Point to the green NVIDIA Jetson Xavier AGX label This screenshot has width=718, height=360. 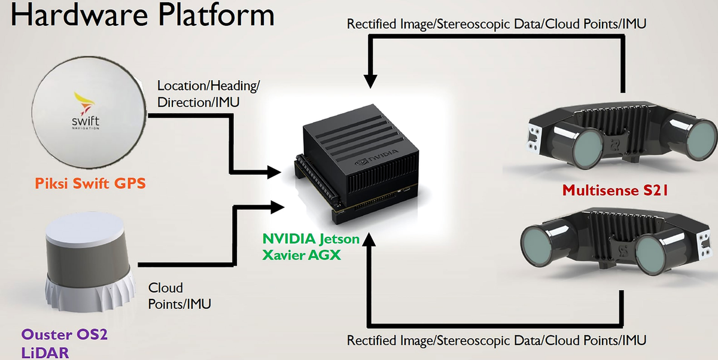tap(311, 246)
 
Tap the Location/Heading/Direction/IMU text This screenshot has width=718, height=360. tap(208, 94)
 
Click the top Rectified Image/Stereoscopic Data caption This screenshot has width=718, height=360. tap(497, 25)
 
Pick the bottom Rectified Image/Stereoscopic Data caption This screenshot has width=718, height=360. tap(497, 341)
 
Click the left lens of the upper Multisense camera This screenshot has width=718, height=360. tap(588, 148)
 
